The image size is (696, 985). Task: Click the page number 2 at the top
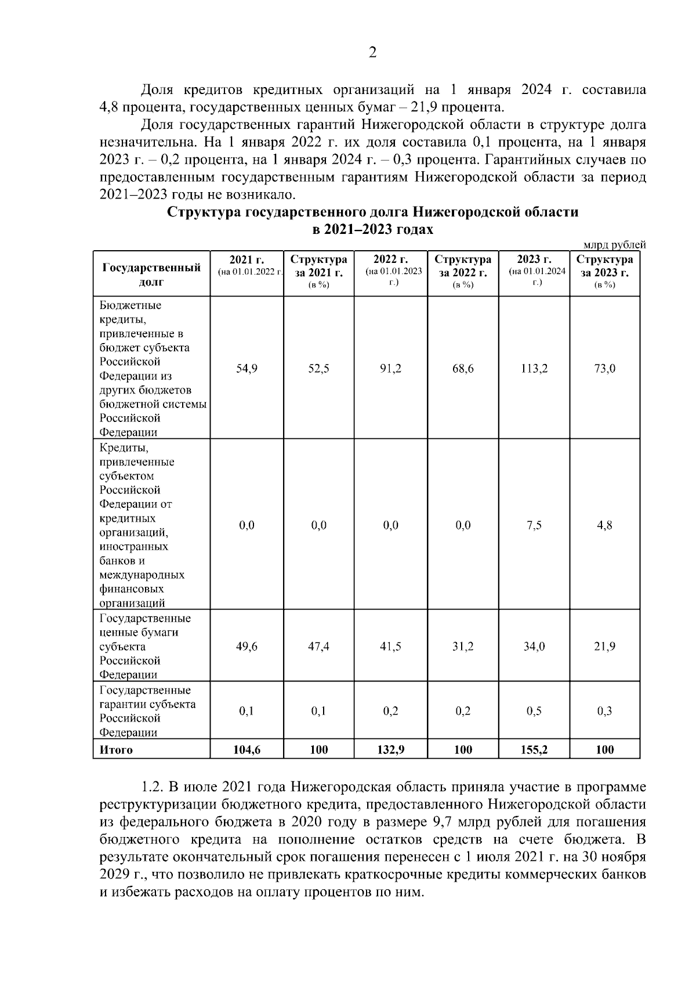(372, 53)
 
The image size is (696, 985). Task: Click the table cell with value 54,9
(246, 369)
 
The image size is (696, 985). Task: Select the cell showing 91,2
(390, 369)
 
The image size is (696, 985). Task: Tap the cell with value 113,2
(534, 369)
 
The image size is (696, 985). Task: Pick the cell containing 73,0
(604, 369)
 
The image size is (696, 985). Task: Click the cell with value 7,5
(534, 525)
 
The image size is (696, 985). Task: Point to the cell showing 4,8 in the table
(604, 525)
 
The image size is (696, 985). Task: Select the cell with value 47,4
(318, 647)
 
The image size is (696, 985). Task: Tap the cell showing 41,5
(390, 647)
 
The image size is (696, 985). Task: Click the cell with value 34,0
(534, 647)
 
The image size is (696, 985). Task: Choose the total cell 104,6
(246, 750)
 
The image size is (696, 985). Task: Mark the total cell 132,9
(390, 750)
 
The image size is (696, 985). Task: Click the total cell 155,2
(534, 750)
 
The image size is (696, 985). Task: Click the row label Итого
(117, 750)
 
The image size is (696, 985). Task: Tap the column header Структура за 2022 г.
(462, 266)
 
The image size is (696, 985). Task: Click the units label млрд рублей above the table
(614, 246)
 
